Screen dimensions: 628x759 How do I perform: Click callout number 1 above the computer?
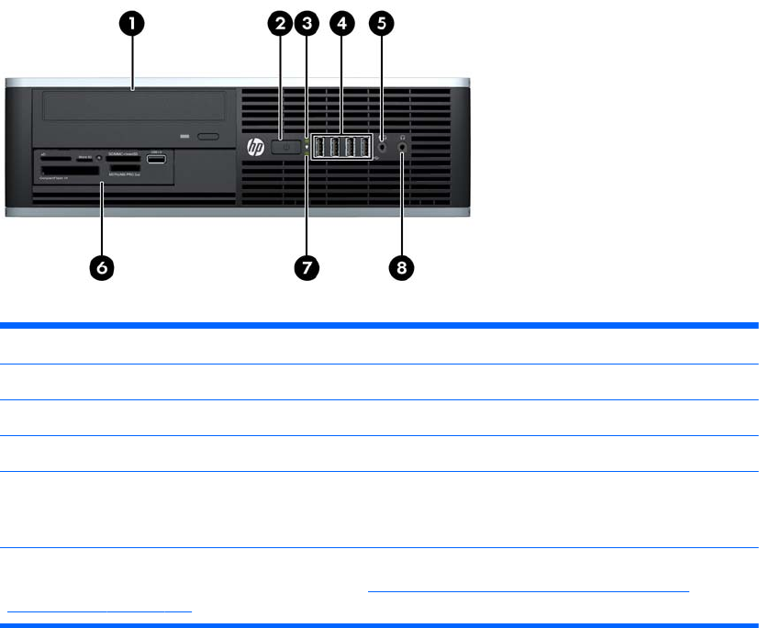[x=134, y=26]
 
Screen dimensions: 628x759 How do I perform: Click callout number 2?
[x=284, y=26]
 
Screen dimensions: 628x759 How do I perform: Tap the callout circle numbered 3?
[x=309, y=26]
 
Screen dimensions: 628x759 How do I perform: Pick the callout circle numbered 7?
[x=307, y=267]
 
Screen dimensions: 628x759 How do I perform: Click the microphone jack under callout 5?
[x=382, y=145]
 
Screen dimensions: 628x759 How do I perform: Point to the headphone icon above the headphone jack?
[x=403, y=135]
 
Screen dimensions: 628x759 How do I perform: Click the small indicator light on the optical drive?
[x=184, y=136]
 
